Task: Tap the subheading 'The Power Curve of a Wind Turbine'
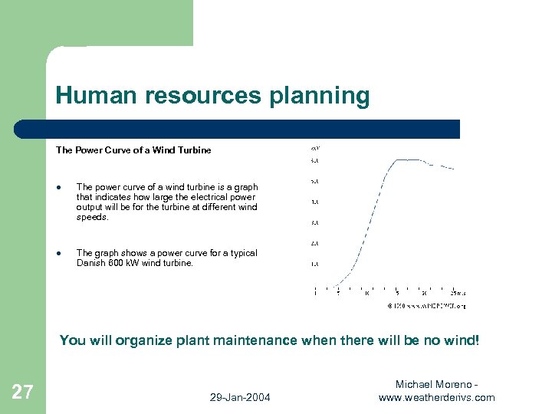click(133, 150)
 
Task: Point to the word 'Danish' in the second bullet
click(90, 263)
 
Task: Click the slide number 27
click(22, 393)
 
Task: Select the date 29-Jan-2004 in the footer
click(239, 397)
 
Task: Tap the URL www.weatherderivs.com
click(437, 397)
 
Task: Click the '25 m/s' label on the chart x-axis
click(458, 293)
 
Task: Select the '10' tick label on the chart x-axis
click(366, 293)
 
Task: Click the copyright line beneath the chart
click(426, 305)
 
